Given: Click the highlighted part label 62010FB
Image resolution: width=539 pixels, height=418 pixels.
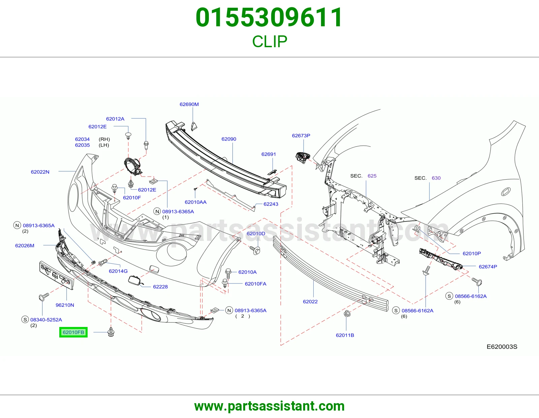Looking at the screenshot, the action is click(73, 332).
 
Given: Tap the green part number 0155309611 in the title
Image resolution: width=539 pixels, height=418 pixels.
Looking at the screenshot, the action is click(269, 18).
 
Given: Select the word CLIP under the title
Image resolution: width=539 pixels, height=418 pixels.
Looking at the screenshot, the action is click(269, 41).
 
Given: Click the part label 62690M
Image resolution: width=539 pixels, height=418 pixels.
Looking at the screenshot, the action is click(189, 104).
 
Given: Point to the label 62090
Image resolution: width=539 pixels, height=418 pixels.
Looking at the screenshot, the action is click(229, 139).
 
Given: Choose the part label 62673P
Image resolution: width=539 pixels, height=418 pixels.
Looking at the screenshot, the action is click(301, 136).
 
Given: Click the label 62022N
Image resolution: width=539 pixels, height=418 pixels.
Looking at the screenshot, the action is click(40, 172).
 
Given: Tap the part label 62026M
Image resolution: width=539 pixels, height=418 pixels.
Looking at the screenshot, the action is click(25, 245).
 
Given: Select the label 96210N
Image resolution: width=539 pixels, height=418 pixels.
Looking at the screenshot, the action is click(65, 305).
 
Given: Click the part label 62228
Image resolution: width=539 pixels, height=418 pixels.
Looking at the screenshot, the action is click(160, 287).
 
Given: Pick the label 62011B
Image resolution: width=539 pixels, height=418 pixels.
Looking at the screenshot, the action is click(345, 335).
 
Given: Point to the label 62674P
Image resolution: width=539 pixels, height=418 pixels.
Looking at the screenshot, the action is click(488, 267).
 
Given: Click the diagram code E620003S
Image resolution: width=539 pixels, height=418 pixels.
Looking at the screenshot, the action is click(502, 347).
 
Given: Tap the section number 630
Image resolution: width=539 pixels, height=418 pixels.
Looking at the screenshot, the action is click(436, 178).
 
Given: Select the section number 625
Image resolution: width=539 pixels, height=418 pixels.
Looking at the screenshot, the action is click(372, 176).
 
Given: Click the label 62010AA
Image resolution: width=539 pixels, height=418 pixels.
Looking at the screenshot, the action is click(195, 202).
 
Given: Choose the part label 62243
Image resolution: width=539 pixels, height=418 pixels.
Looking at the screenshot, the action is click(271, 204).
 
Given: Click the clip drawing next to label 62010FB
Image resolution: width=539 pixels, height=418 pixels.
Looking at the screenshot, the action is click(111, 332).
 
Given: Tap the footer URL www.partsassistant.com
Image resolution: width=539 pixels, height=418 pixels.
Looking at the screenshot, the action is click(269, 406).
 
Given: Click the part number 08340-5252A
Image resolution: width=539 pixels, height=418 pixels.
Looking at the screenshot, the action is click(46, 320).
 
